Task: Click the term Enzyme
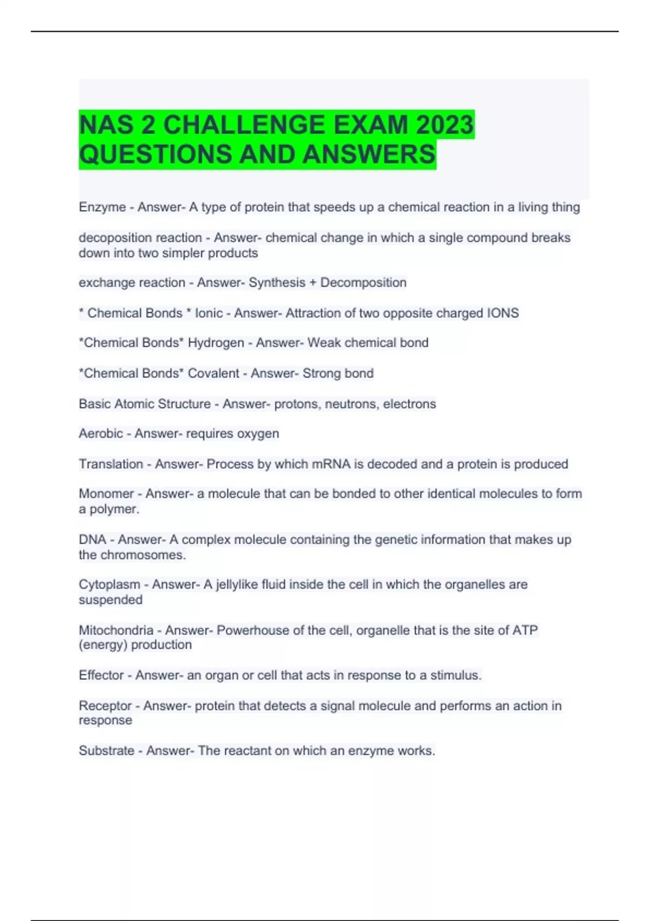[x=102, y=207]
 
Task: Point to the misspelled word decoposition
[x=113, y=237]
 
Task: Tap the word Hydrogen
[x=216, y=343]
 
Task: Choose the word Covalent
[x=213, y=373]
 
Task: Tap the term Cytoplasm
[x=109, y=585]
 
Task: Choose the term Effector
[x=101, y=675]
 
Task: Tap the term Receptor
[x=105, y=705]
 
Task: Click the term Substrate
[x=107, y=750]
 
